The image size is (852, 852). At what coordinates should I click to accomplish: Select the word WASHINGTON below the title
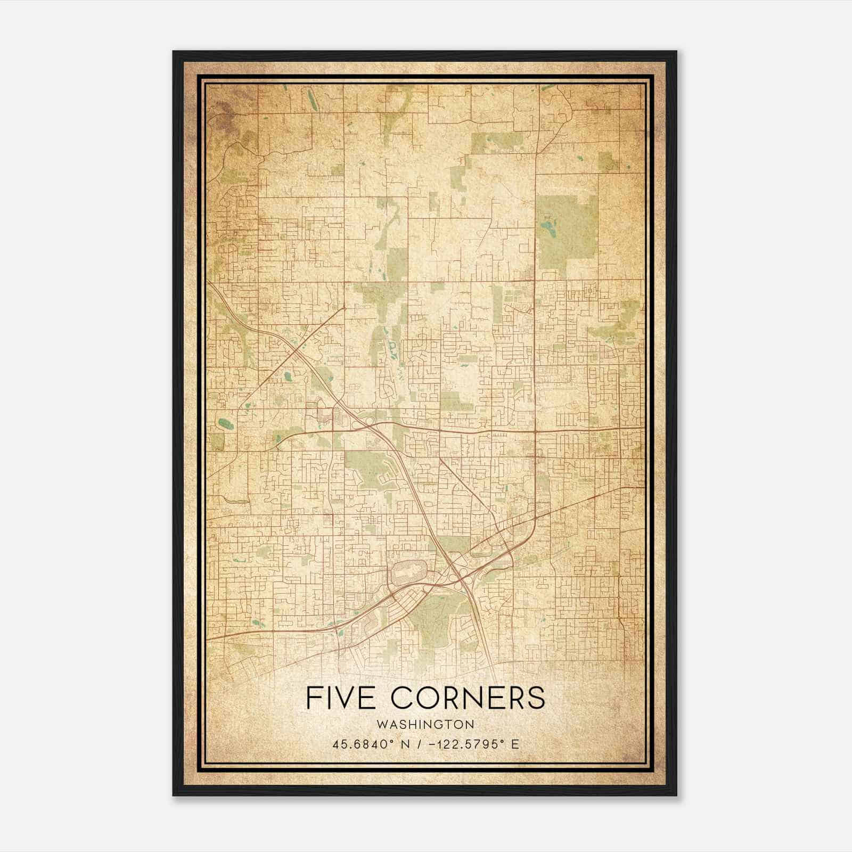(425, 724)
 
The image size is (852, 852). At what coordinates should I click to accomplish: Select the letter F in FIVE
(314, 698)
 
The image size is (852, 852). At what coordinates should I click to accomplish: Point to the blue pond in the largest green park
(547, 230)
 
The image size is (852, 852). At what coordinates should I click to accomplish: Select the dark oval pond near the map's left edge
(225, 424)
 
